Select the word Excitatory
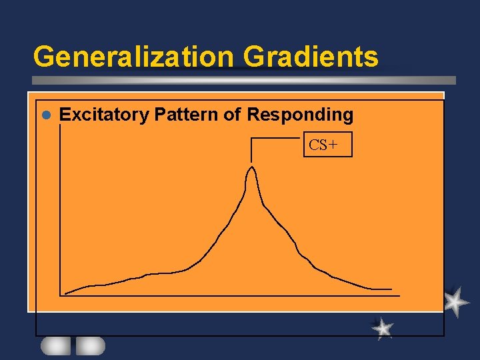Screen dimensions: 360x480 [104, 115]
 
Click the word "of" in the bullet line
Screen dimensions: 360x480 [232, 115]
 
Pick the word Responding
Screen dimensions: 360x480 [300, 115]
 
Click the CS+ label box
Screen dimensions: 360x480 [327, 145]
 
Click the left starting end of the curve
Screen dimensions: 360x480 [65, 293]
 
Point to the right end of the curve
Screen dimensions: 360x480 [391, 289]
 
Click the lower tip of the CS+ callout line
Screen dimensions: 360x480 [251, 162]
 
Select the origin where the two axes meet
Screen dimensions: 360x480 [61, 295]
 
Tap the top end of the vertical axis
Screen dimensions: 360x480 [61, 127]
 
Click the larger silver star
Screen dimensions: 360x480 [455, 302]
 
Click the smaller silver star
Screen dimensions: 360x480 [382, 328]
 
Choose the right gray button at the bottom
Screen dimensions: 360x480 [90, 345]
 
